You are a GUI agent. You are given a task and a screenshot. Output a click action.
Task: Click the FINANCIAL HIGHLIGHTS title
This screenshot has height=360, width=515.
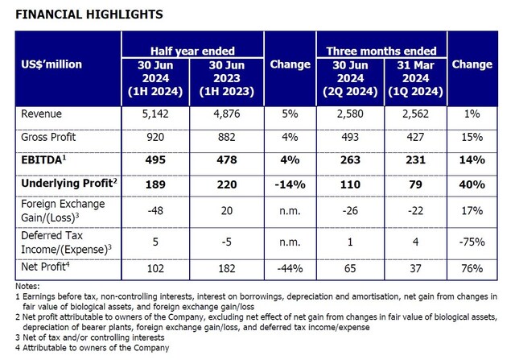[x=89, y=14]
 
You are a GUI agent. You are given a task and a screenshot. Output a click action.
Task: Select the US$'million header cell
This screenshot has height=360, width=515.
[x=51, y=64]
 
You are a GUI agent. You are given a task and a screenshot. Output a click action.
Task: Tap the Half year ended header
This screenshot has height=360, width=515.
[x=192, y=51]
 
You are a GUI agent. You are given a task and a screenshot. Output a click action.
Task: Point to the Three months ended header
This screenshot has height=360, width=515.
[x=381, y=51]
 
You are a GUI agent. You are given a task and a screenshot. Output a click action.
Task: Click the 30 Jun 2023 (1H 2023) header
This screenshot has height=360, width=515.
[x=227, y=78]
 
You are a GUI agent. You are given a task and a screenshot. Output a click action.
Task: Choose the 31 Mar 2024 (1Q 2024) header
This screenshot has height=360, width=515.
[x=415, y=78]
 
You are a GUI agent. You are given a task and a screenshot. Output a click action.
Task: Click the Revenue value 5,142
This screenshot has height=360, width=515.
[x=155, y=114]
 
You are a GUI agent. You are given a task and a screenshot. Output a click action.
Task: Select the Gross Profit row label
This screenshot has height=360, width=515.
[x=48, y=137]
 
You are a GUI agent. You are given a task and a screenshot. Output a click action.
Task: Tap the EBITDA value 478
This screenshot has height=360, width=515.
[x=227, y=159]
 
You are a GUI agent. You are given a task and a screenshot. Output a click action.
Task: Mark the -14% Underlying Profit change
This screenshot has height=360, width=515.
[x=290, y=184]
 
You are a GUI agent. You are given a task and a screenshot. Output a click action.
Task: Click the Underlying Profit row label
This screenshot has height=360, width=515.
[x=69, y=183]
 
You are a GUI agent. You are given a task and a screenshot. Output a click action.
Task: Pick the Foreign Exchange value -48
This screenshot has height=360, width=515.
[x=155, y=210]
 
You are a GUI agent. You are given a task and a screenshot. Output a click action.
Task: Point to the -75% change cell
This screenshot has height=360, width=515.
[x=472, y=242]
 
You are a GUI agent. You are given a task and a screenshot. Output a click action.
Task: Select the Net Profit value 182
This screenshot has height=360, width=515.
[x=227, y=268]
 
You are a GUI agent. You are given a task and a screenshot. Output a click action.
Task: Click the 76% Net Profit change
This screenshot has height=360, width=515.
[x=472, y=268]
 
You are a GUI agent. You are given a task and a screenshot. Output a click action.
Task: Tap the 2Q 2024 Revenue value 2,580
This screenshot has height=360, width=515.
[x=350, y=114]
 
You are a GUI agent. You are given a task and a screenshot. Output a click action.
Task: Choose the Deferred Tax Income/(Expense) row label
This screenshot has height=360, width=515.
[x=66, y=242]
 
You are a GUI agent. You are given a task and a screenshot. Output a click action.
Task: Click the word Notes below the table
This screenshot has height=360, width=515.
[x=27, y=286]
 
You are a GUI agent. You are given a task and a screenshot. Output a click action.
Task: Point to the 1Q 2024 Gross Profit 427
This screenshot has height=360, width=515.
[x=415, y=137]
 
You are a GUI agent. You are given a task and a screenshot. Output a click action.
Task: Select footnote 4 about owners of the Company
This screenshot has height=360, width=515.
[x=93, y=347]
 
